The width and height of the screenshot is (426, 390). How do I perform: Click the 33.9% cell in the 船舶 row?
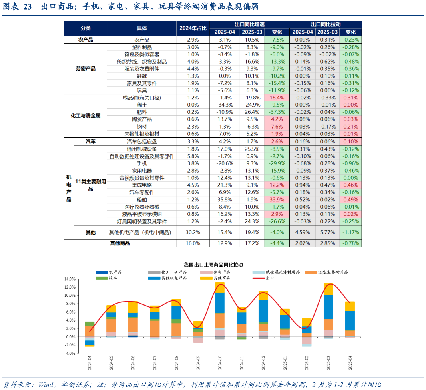277,199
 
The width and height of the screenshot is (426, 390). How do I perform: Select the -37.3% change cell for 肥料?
277,112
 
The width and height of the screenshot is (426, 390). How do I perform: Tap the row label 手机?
142,163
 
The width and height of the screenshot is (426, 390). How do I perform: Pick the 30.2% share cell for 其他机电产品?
193,232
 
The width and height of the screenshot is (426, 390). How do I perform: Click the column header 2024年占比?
193,28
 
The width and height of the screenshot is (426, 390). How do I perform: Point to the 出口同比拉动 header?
326,24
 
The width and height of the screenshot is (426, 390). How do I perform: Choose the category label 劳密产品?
86,69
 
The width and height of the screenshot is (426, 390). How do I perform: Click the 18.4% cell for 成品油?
277,98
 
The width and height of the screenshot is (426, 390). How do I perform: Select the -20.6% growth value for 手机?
225,163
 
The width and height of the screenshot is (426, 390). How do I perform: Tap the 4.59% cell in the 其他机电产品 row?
303,232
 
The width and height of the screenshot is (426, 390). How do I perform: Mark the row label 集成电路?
142,185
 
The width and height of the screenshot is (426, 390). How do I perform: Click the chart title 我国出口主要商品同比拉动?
213,265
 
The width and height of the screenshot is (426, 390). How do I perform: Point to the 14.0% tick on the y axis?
70,279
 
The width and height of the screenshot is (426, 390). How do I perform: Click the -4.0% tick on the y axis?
70,354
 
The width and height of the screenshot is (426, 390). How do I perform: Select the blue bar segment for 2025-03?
328,306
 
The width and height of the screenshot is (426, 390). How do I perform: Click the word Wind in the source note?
46,385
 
